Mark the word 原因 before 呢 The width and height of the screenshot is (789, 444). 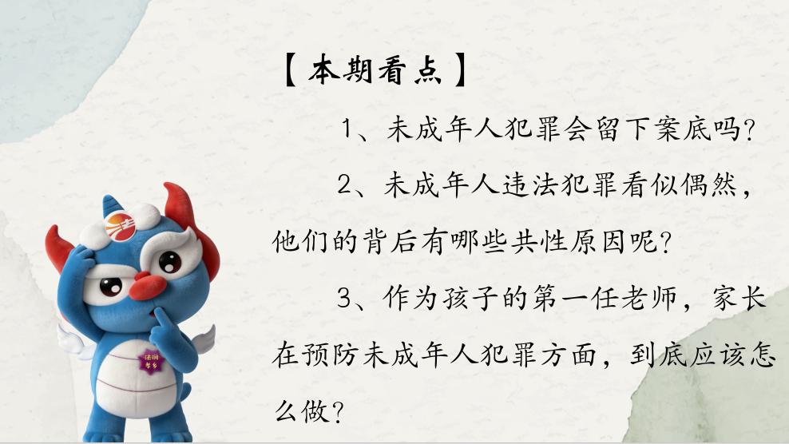point(598,242)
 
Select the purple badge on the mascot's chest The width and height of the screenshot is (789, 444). point(148,359)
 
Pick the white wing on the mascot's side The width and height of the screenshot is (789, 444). point(204,339)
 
